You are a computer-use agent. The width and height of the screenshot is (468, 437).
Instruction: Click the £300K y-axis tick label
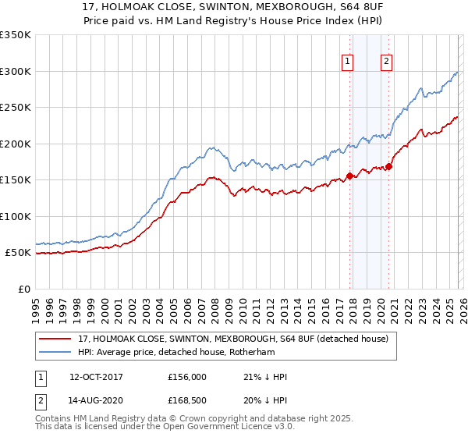tap(15, 71)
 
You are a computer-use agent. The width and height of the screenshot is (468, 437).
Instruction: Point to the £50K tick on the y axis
tap(17, 253)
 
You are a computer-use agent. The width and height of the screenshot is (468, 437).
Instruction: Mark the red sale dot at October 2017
tap(349, 176)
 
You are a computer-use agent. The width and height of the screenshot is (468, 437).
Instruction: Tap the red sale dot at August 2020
tap(388, 166)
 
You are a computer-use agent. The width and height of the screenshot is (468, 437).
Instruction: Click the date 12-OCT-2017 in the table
tap(95, 377)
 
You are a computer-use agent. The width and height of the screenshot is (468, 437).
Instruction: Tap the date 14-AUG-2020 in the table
tap(95, 402)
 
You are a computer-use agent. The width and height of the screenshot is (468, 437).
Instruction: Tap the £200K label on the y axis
tap(15, 144)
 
